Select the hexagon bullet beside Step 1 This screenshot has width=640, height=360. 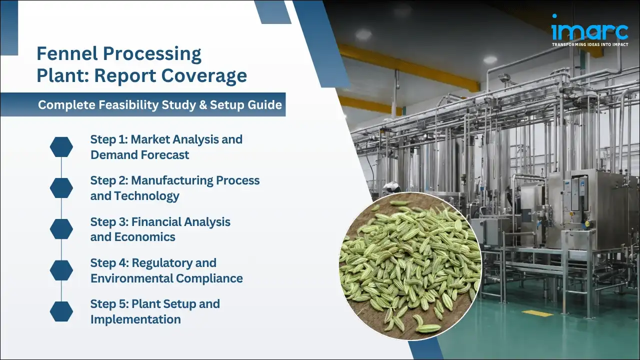point(61,146)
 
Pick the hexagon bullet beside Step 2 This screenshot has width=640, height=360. point(61,187)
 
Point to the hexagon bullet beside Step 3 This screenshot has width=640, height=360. point(61,228)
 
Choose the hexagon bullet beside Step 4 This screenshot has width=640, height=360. point(61,270)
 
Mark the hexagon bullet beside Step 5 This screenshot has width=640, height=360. point(61,311)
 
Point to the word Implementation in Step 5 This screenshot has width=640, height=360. point(135,319)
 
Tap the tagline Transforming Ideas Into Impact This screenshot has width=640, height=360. point(589,44)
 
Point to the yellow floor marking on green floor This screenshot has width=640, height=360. point(537,313)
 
